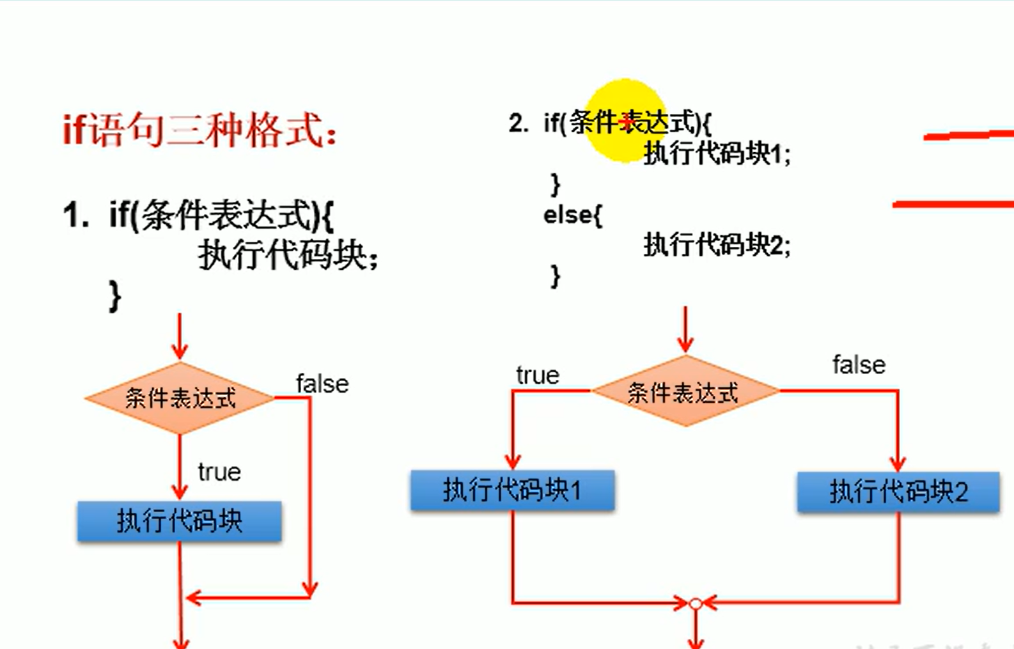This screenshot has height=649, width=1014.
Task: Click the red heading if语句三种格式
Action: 199,130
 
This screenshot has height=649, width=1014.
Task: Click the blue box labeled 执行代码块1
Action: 512,490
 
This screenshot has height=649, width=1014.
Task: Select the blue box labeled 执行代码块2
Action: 898,492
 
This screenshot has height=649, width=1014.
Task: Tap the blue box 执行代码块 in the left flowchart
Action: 180,521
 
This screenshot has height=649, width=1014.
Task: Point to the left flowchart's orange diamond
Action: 180,398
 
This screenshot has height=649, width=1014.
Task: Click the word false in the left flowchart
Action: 322,384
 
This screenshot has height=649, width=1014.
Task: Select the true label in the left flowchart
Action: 219,473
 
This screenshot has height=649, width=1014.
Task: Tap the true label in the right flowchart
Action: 538,375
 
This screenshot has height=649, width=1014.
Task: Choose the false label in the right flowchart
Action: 859,365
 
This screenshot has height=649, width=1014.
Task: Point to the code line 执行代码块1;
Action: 717,154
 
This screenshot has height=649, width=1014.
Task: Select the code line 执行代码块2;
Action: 717,245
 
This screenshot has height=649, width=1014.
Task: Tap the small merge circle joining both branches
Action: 696,603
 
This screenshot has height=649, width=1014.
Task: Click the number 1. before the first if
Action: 75,215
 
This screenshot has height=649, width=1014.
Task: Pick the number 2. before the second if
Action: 518,123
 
